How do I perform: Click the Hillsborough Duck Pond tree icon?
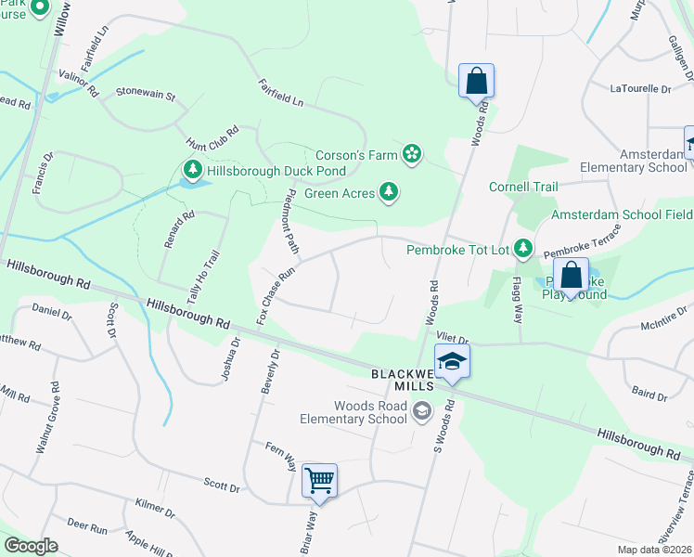click(193, 170)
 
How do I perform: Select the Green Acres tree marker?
click(391, 192)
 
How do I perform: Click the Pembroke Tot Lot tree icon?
click(524, 248)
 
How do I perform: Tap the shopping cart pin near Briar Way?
click(319, 481)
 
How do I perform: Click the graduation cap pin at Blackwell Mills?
click(452, 361)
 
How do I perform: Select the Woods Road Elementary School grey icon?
click(422, 409)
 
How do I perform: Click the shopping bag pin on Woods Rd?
click(476, 80)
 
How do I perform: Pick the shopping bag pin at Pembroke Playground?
click(572, 276)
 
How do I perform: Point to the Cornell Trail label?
click(523, 187)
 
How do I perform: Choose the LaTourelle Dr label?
click(640, 89)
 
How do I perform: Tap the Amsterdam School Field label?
click(622, 214)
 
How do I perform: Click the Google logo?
click(31, 546)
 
